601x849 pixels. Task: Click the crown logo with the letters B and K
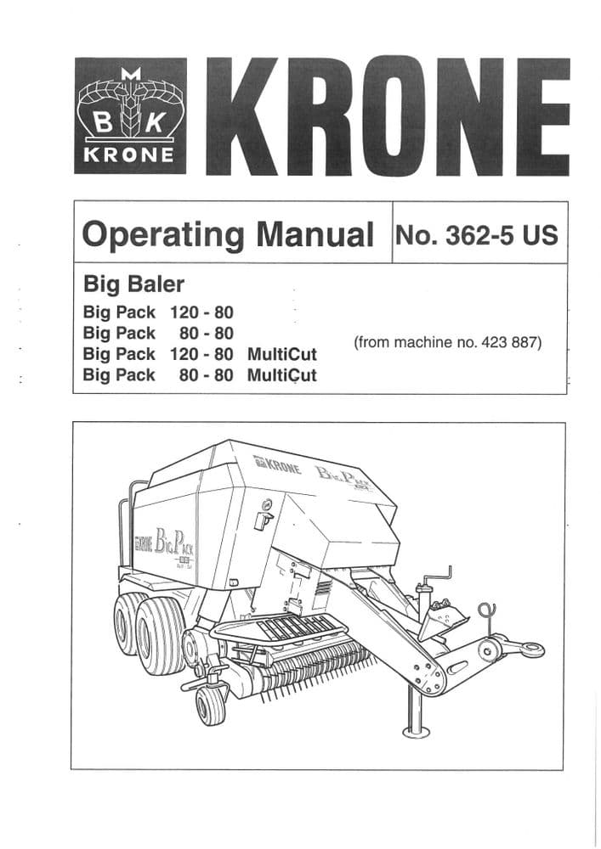129,115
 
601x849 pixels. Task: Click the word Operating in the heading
162,234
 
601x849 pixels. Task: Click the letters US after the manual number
540,233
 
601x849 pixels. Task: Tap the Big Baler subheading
133,283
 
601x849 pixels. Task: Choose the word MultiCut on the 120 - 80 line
281,354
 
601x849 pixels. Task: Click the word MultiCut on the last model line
281,374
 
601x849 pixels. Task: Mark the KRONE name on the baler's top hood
277,465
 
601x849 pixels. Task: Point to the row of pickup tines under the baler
315,662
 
